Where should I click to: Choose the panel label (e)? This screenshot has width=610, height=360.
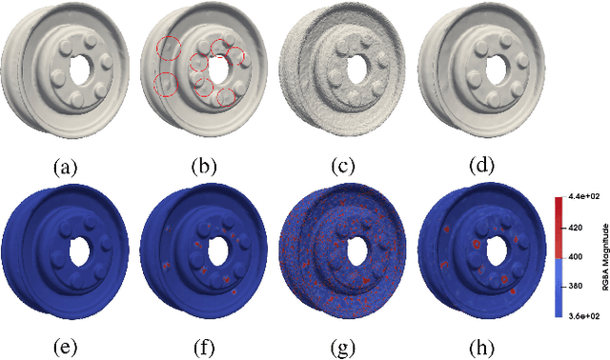coord(66,348)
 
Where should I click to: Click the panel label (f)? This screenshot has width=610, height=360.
coord(204,348)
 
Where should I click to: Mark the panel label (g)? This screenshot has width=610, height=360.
coord(343,348)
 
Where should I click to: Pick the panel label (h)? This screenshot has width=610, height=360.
coord(481,348)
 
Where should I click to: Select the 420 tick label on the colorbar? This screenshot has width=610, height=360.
coord(576,228)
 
